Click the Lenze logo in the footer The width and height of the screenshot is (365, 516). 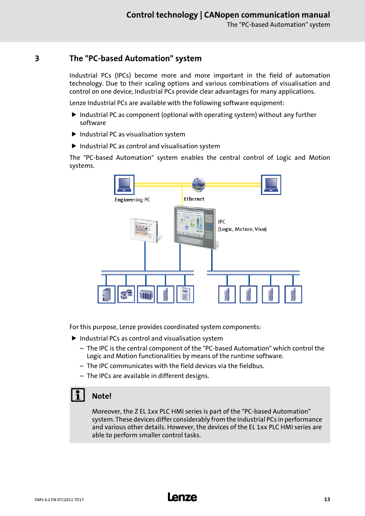point(182,497)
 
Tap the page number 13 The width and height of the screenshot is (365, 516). point(327,499)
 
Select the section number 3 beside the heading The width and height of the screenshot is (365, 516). point(37,58)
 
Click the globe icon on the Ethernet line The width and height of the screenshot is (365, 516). point(199,185)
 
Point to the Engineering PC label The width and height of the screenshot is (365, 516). point(132,200)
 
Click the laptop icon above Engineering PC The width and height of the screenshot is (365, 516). point(124,185)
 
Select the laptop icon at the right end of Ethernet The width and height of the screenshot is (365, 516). point(271,185)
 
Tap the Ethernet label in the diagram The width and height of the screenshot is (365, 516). point(194,199)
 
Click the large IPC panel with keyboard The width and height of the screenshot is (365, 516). point(194,227)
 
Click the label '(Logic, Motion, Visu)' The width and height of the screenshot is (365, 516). point(242,229)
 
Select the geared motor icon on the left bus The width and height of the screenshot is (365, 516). point(126,294)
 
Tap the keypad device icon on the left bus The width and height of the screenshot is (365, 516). point(185,294)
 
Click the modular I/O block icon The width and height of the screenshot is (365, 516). point(146,294)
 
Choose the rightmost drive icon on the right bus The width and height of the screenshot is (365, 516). point(293,294)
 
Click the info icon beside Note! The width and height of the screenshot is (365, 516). point(78,395)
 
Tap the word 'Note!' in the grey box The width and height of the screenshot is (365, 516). point(102,396)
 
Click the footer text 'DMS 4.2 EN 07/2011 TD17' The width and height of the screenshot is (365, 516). point(59,500)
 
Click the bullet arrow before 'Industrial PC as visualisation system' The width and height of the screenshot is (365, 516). point(74,134)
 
